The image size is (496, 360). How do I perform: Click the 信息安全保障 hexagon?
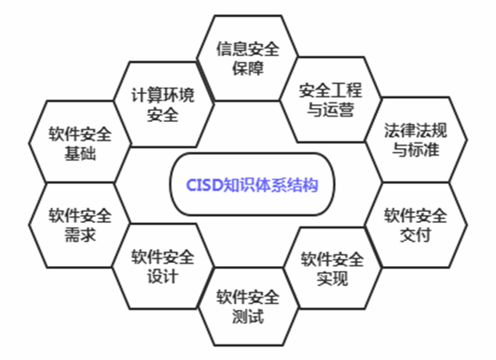click(248, 58)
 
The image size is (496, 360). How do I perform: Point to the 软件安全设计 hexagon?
click(163, 266)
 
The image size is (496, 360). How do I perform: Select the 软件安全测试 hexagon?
click(248, 307)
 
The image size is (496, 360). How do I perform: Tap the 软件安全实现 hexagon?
click(332, 268)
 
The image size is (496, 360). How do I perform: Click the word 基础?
click(81, 153)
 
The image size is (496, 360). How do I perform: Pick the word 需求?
click(81, 235)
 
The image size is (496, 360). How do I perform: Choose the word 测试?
click(248, 317)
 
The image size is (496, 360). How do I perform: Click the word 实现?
click(332, 277)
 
